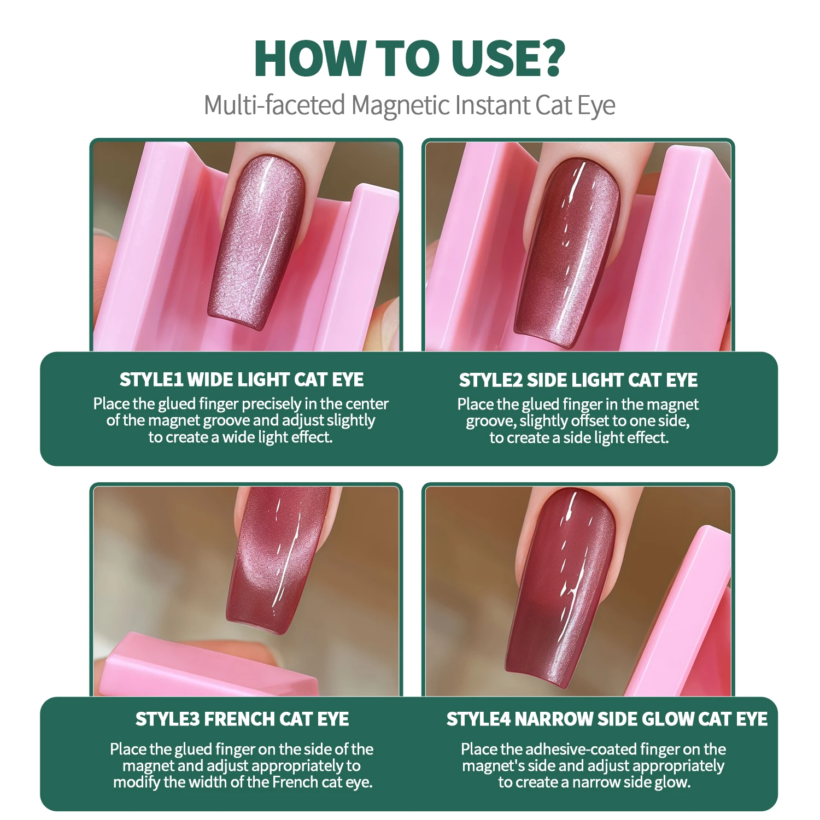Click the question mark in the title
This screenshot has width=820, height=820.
coord(548,57)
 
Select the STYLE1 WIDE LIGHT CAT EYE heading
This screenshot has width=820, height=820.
coord(242,379)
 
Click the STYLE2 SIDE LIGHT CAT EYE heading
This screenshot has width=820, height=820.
coord(578,380)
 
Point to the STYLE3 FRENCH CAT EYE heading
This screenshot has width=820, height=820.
coord(242,719)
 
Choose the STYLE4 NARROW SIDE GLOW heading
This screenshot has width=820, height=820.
coord(607,719)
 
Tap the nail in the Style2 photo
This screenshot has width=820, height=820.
coord(569,246)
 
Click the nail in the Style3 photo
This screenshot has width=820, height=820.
coord(279,563)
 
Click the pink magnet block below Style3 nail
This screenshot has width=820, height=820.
coord(208,667)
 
